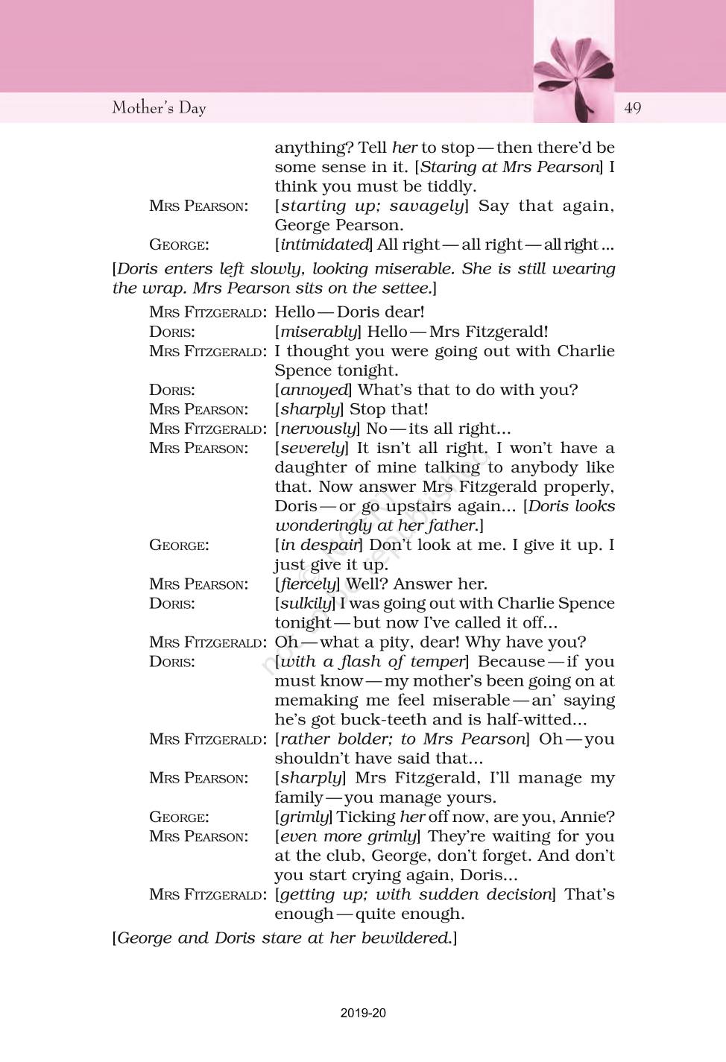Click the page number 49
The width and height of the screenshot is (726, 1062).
pyautogui.click(x=632, y=108)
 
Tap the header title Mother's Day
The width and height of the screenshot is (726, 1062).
pyautogui.click(x=159, y=108)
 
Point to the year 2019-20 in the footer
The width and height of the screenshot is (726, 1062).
pyautogui.click(x=363, y=1013)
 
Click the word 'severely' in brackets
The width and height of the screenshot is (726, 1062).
pyautogui.click(x=312, y=448)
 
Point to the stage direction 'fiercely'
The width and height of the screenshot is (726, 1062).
pyautogui.click(x=306, y=584)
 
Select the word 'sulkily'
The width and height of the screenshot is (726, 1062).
pyautogui.click(x=304, y=603)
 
